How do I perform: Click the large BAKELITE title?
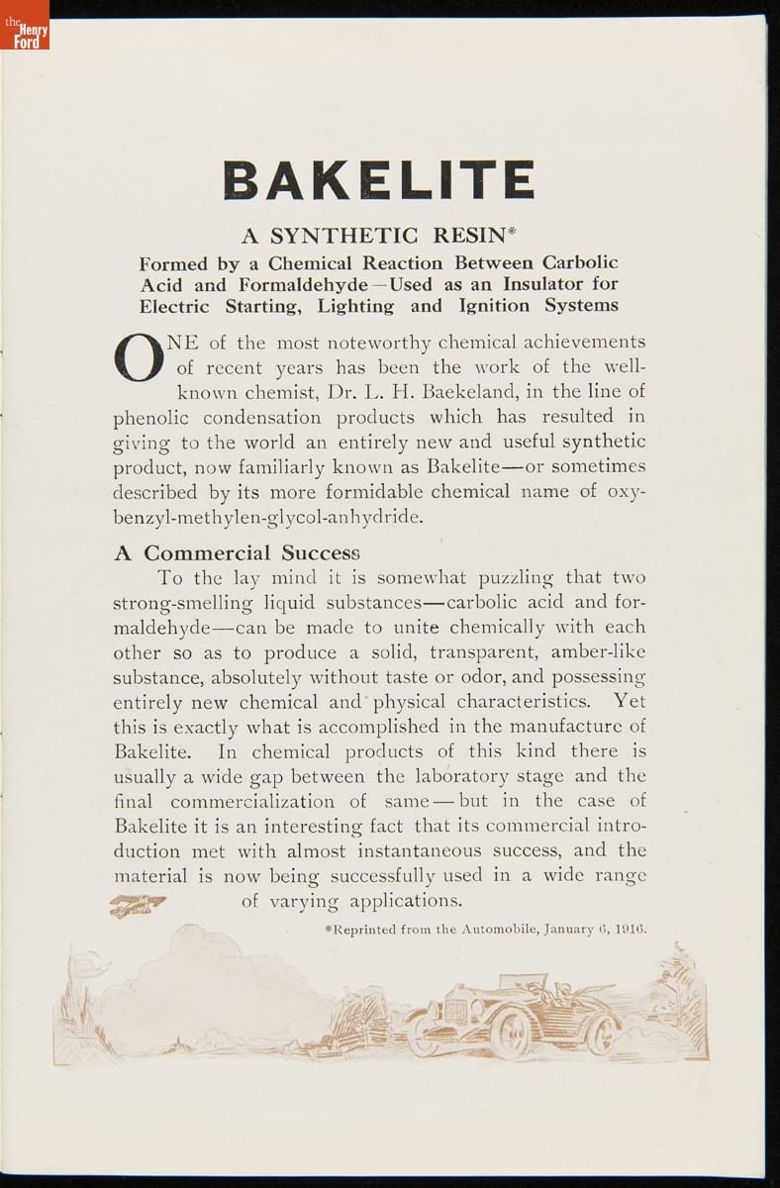(x=380, y=179)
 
